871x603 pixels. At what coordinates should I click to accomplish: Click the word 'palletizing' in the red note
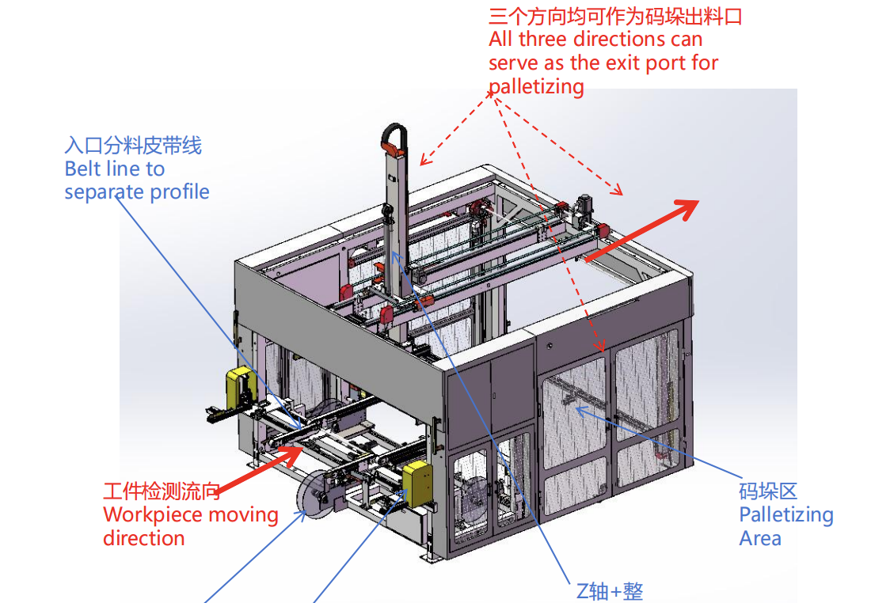click(536, 87)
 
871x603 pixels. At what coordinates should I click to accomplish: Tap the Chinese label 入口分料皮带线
click(133, 146)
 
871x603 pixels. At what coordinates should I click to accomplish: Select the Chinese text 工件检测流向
click(162, 491)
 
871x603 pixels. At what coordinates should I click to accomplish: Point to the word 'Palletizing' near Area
click(786, 515)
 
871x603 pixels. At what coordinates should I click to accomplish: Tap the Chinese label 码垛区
click(768, 491)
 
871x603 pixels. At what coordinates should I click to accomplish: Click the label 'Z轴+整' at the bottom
click(610, 592)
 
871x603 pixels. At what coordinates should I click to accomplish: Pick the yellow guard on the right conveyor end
click(417, 484)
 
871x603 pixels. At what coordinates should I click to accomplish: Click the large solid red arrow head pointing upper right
click(687, 209)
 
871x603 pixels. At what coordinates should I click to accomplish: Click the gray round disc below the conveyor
click(316, 495)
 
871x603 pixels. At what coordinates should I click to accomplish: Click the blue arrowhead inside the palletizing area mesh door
click(582, 411)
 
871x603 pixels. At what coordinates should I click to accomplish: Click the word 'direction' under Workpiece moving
click(144, 539)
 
